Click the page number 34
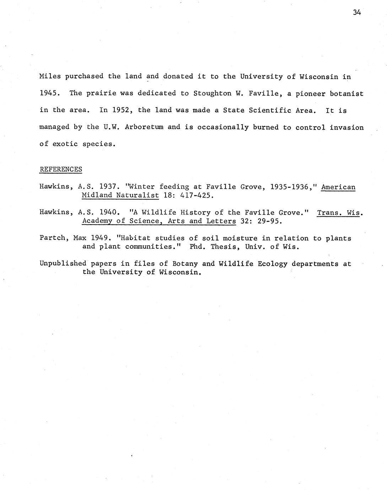(357, 12)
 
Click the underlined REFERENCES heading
(61, 169)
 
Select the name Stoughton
(210, 94)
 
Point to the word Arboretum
(144, 127)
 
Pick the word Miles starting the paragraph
(50, 76)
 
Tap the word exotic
(65, 144)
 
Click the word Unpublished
(63, 264)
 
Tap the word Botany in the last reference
(185, 264)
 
